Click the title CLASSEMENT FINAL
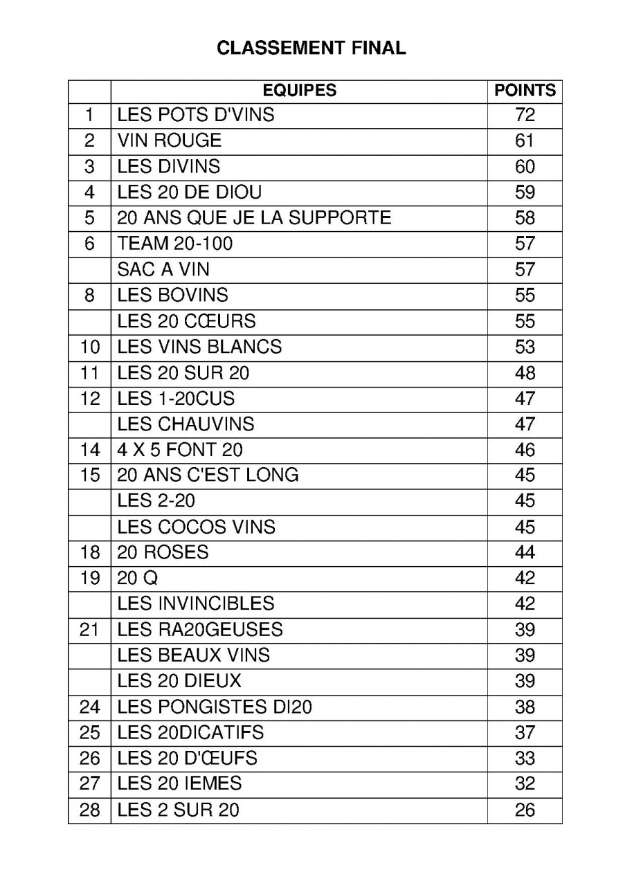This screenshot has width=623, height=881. click(x=311, y=48)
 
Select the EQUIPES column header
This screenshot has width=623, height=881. click(x=299, y=91)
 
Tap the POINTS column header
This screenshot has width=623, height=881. click(x=525, y=91)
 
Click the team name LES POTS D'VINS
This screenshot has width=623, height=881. click(x=196, y=115)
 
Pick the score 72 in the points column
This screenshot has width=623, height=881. click(x=525, y=115)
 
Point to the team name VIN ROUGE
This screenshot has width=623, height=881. click(x=170, y=140)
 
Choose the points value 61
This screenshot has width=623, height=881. click(x=525, y=140)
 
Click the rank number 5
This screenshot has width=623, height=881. click(x=89, y=218)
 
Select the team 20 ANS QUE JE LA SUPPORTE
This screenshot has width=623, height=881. click(x=254, y=218)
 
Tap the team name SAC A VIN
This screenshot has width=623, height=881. click(x=163, y=269)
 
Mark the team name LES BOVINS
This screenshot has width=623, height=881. click(x=172, y=295)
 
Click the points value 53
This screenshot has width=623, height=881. click(x=525, y=347)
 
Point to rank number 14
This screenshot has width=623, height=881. click(x=90, y=450)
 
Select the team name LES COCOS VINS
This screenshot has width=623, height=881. click(x=196, y=527)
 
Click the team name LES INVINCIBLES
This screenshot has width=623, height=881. click(x=196, y=603)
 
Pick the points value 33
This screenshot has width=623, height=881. click(x=525, y=758)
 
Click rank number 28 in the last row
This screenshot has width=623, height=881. click(x=90, y=810)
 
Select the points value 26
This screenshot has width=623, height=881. click(x=525, y=810)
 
